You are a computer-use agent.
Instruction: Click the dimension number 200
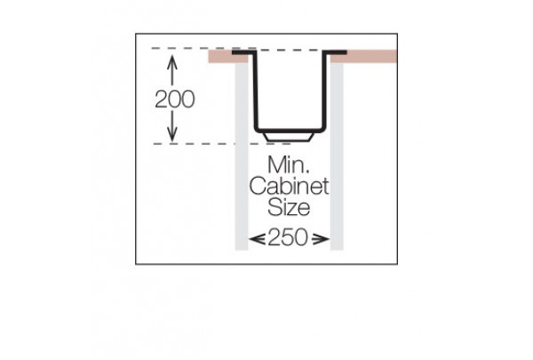(175, 100)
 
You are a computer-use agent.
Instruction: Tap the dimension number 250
(288, 237)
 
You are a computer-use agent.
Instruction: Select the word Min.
(289, 164)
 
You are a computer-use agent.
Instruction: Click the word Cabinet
(290, 186)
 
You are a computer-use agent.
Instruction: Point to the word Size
(289, 207)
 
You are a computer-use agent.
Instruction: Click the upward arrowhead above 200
(172, 61)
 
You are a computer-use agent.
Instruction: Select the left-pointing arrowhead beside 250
(257, 239)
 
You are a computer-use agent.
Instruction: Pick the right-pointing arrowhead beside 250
(321, 239)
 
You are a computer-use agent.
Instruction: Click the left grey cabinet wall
(242, 156)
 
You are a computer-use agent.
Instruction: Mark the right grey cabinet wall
(337, 156)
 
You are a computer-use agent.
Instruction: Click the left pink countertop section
(228, 57)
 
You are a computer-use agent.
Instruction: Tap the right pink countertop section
(363, 57)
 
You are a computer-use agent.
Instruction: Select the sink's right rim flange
(335, 52)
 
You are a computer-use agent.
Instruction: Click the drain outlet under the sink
(288, 137)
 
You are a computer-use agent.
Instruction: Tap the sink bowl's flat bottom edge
(289, 131)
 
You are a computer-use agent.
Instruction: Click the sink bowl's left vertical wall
(256, 90)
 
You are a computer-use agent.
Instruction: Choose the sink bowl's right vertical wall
(323, 90)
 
